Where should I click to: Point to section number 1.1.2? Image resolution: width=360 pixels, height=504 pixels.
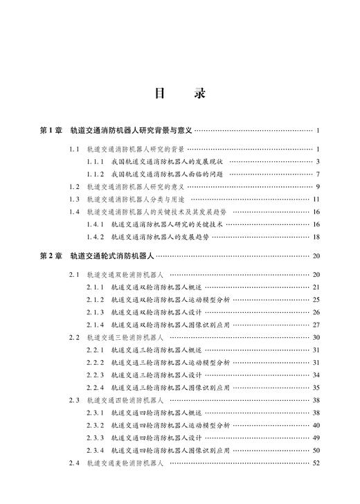[96, 174]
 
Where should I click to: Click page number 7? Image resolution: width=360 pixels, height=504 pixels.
[316, 174]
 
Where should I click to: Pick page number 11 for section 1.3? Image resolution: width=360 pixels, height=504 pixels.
[315, 199]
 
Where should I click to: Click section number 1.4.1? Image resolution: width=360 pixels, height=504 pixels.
[96, 224]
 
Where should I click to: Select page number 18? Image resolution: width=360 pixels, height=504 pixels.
[315, 237]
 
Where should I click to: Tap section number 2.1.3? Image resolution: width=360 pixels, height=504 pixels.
[96, 312]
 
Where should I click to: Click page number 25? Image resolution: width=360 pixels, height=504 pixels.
[315, 300]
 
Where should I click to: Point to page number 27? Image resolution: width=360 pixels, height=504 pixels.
[315, 325]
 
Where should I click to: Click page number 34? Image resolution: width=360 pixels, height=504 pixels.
[315, 375]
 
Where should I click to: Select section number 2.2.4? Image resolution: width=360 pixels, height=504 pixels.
[96, 388]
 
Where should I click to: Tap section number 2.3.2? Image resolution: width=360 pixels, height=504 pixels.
[96, 425]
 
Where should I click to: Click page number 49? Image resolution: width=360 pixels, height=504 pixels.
[315, 438]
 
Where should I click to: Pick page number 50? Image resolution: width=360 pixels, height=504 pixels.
[315, 451]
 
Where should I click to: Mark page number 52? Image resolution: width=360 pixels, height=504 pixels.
[315, 463]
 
